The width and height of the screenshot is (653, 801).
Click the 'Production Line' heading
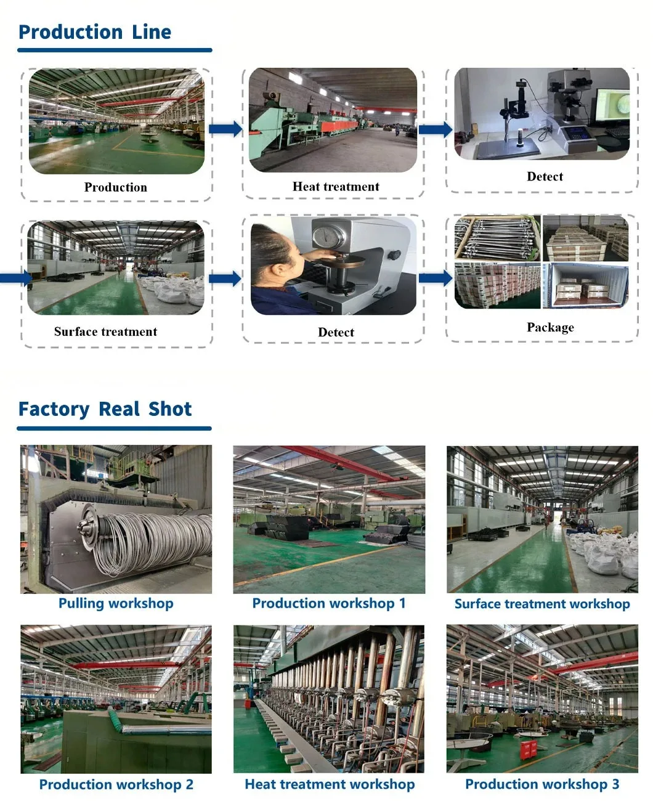point(95,32)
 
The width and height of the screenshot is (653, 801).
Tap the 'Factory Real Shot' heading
point(105,409)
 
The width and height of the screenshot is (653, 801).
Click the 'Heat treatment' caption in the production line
point(336,187)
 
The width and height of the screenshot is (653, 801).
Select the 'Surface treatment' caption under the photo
point(105,331)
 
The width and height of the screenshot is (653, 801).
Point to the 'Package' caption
point(550,327)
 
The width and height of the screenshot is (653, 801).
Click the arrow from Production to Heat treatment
point(225,129)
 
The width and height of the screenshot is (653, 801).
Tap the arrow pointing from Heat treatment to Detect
point(436,129)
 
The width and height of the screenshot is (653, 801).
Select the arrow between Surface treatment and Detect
point(225,279)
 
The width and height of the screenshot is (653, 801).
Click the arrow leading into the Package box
point(436,278)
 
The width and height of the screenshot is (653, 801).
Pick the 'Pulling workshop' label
point(116,603)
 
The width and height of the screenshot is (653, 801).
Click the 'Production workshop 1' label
point(329,603)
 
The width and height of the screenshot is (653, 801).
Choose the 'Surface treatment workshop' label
point(542,604)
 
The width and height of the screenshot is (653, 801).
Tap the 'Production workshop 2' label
point(116,784)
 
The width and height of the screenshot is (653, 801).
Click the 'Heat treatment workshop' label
point(330,784)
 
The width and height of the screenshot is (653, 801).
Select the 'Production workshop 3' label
point(542,784)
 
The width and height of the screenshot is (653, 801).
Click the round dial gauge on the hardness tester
point(326,237)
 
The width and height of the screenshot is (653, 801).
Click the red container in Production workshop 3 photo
point(528,749)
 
